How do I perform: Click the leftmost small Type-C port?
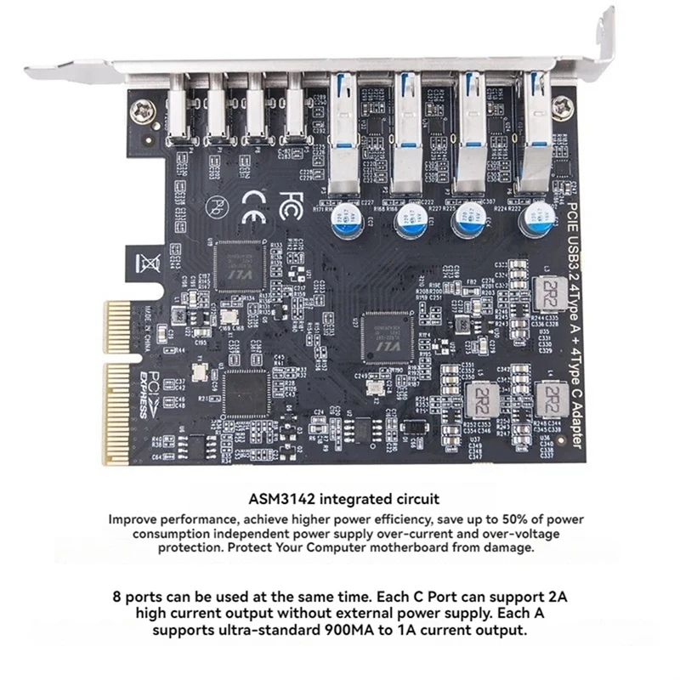pyautogui.click(x=178, y=111)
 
